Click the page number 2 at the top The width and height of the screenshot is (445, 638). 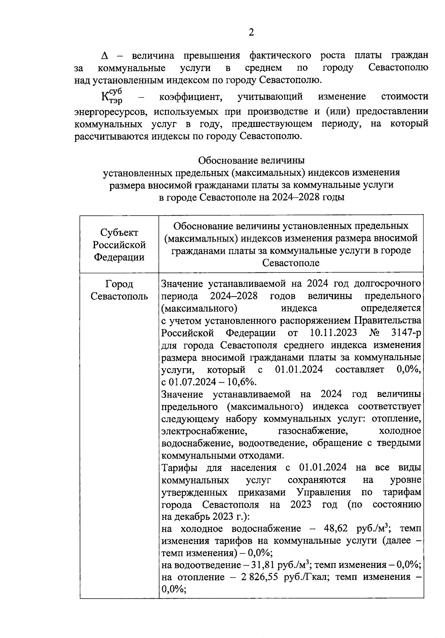pyautogui.click(x=251, y=33)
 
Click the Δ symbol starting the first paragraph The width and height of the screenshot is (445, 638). pyautogui.click(x=105, y=56)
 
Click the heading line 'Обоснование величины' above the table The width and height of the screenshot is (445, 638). pyautogui.click(x=251, y=160)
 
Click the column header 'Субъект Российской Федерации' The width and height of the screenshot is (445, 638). pyautogui.click(x=119, y=245)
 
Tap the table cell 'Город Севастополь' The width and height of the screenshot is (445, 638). pyautogui.click(x=119, y=290)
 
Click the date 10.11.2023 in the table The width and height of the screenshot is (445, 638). pyautogui.click(x=332, y=332)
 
